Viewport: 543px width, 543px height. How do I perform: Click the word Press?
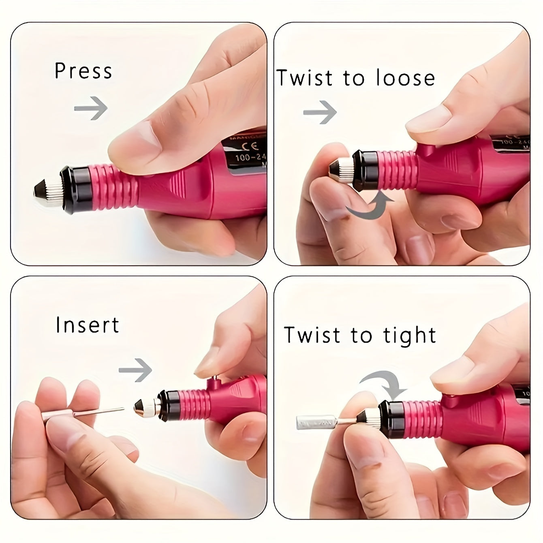pyautogui.click(x=83, y=71)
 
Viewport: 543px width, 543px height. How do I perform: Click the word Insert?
pyautogui.click(x=87, y=325)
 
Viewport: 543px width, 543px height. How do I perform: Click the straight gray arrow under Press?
pyautogui.click(x=91, y=108)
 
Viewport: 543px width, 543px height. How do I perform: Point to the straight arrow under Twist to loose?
pyautogui.click(x=320, y=112)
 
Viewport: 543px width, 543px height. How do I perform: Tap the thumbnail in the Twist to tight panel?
pyautogui.click(x=450, y=375)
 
